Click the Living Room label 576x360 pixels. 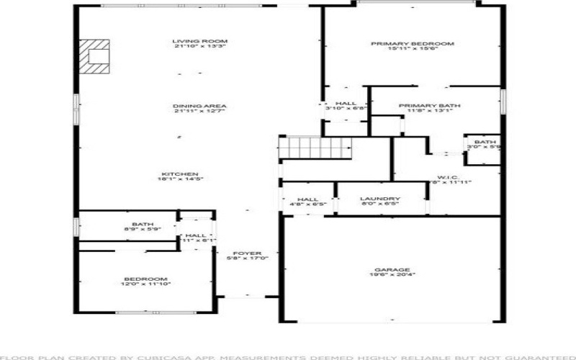[190, 41]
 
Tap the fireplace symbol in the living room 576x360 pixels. [95, 55]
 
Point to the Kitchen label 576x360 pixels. [180, 174]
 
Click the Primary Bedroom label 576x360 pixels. [413, 44]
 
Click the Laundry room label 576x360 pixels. [380, 199]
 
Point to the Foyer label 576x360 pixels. [247, 253]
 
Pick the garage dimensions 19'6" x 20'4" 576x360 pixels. [391, 275]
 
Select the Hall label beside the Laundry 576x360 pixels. [307, 199]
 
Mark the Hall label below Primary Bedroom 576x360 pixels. [346, 104]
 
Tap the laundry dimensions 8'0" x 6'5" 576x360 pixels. [380, 204]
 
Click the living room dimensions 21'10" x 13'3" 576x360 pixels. [190, 48]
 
